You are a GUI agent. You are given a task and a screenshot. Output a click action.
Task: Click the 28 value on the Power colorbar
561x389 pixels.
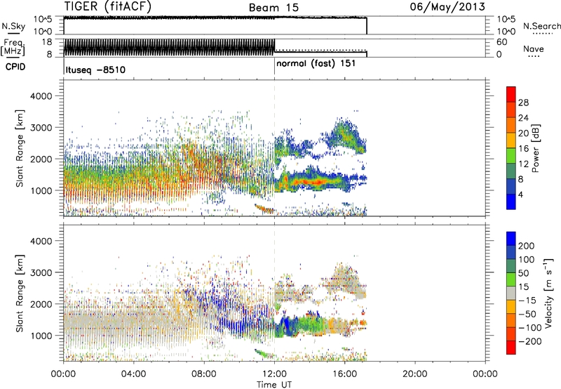(524, 102)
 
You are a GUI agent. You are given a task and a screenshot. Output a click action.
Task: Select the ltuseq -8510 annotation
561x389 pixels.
(95, 70)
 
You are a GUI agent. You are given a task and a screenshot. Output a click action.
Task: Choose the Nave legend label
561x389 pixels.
(534, 50)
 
